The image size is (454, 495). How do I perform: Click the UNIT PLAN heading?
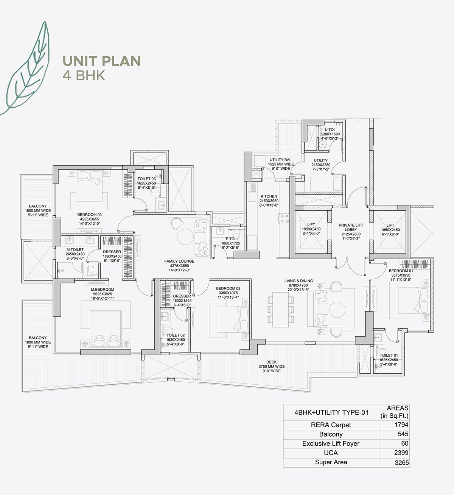(102, 61)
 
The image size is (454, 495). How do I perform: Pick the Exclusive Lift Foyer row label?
(331, 443)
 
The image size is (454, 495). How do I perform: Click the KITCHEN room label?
(269, 196)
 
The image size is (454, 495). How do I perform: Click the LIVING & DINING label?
(296, 281)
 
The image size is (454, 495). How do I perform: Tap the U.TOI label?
(330, 130)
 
